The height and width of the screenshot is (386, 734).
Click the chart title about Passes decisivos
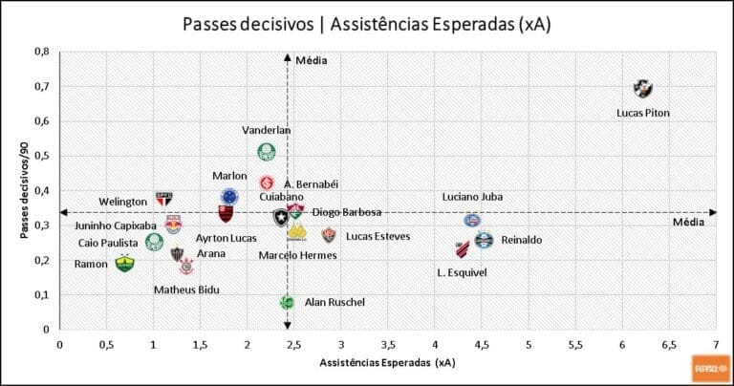pyautogui.click(x=366, y=22)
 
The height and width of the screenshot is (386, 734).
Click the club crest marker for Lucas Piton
pyautogui.click(x=642, y=89)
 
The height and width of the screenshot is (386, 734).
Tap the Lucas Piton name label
pyautogui.click(x=642, y=113)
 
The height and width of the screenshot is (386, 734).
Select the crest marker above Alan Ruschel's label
pyautogui.click(x=287, y=302)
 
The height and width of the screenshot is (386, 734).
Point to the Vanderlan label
pyautogui.click(x=267, y=130)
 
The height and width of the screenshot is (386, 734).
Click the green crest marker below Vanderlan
pyautogui.click(x=267, y=151)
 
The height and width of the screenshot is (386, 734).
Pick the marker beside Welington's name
pyautogui.click(x=163, y=199)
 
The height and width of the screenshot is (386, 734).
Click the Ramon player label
pyautogui.click(x=91, y=264)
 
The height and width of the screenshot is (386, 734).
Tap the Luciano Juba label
pyautogui.click(x=472, y=197)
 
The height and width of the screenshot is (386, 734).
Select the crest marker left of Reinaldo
pyautogui.click(x=484, y=240)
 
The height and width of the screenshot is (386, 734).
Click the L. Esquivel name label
pyautogui.click(x=462, y=272)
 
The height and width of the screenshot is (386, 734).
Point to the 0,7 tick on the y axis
pyautogui.click(x=43, y=87)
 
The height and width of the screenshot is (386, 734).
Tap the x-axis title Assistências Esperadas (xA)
pyautogui.click(x=388, y=363)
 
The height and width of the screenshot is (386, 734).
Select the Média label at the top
pyautogui.click(x=312, y=60)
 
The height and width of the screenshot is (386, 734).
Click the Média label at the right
pyautogui.click(x=687, y=223)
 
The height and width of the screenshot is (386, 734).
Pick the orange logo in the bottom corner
pyautogui.click(x=709, y=367)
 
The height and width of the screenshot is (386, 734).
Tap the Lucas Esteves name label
pyautogui.click(x=378, y=236)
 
